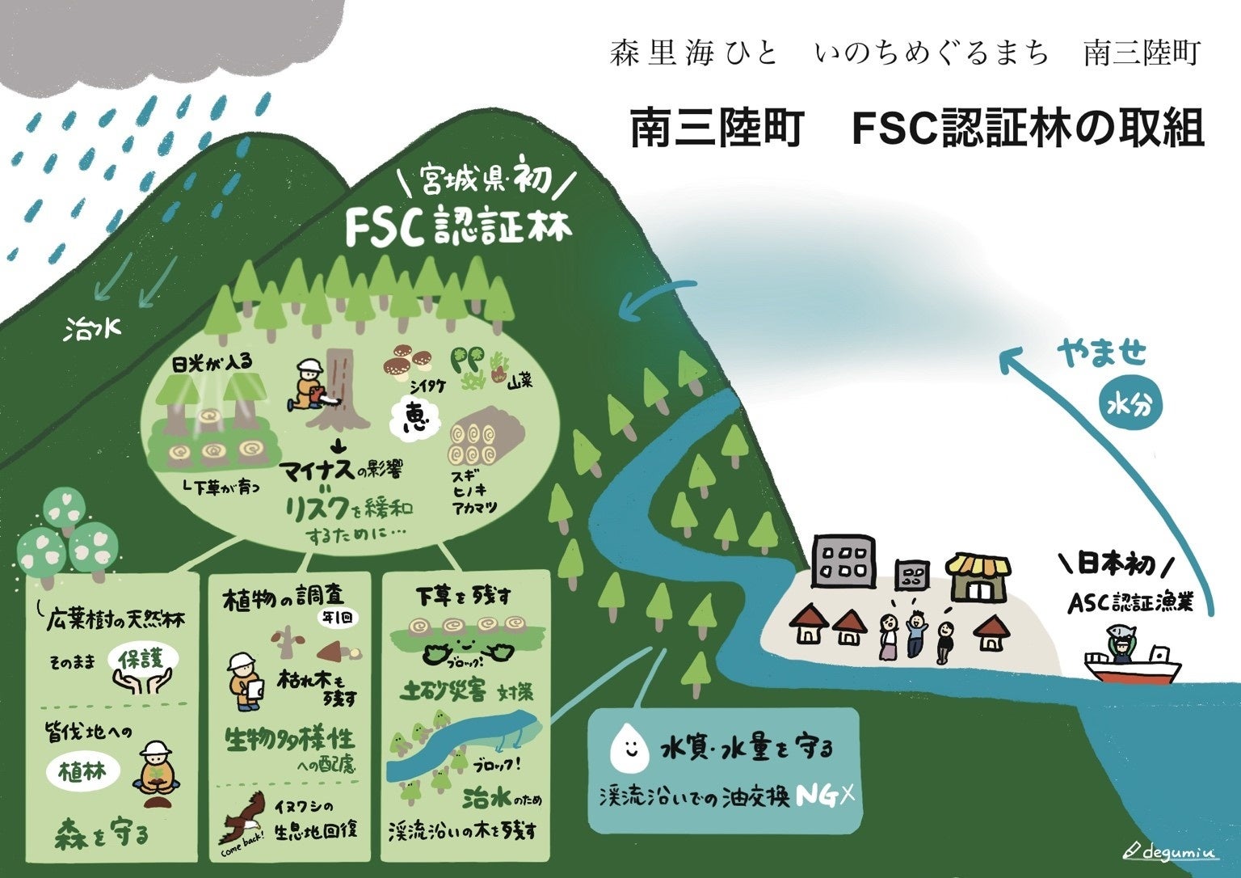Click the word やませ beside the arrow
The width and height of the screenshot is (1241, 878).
[1102, 353]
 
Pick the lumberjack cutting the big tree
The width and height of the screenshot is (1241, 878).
[310, 387]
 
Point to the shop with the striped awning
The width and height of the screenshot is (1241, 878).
[978, 576]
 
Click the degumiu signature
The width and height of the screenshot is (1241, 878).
[1172, 851]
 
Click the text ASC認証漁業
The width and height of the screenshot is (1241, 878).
[1130, 602]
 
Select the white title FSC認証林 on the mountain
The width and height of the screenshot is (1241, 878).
[458, 227]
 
